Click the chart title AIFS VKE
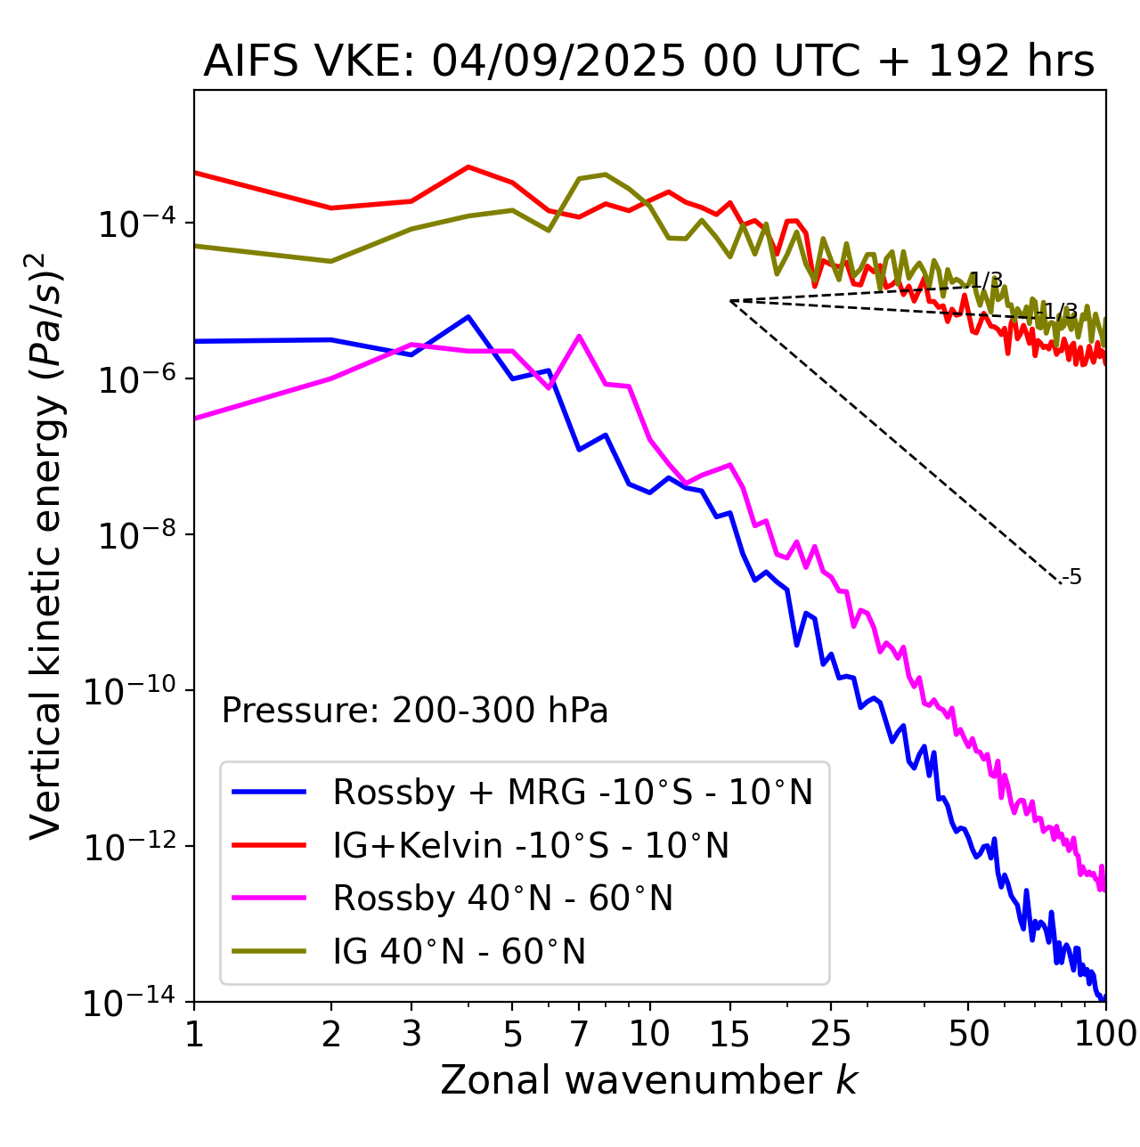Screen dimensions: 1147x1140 [x=648, y=62]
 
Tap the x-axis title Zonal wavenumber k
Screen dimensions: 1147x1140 [x=648, y=1080]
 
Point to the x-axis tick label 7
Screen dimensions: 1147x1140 [x=579, y=1034]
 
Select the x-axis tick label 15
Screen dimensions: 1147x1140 [x=730, y=1034]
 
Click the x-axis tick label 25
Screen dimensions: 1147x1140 [x=831, y=1034]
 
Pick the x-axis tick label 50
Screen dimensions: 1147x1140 [x=968, y=1034]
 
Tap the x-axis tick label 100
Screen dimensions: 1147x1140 [x=1105, y=1034]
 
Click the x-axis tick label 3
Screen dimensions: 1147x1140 [x=411, y=1034]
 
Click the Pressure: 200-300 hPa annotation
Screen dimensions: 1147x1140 [x=415, y=711]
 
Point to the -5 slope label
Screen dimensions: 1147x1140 [x=1072, y=577]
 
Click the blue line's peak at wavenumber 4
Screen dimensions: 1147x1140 [x=468, y=316]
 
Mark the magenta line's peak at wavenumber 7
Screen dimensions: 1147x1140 [x=579, y=336]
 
